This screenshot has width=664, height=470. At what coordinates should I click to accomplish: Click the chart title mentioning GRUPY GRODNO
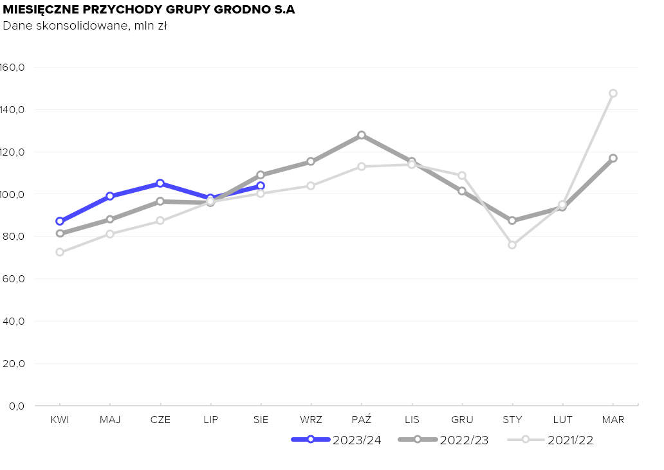149,10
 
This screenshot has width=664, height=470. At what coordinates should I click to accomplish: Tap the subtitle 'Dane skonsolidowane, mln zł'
85,26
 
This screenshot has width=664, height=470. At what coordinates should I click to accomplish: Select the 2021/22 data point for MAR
613,93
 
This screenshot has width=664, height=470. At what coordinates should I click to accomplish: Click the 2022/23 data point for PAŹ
362,135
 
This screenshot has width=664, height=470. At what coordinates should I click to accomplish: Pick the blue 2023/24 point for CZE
160,183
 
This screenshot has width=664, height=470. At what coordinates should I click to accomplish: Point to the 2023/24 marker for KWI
60,221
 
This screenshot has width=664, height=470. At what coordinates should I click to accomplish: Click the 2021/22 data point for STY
512,245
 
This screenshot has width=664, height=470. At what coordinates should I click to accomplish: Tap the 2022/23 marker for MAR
613,158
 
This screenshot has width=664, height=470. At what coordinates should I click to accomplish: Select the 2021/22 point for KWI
60,252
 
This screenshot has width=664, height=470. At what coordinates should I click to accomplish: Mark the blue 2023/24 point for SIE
261,186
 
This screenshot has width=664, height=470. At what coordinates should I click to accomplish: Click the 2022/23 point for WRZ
311,161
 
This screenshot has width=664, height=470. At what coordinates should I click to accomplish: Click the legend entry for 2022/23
443,440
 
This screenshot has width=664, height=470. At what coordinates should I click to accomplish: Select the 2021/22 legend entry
550,440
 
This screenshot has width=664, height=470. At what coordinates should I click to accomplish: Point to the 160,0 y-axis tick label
12,68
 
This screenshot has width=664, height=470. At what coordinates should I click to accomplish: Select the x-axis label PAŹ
362,420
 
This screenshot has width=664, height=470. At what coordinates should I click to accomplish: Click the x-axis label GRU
462,420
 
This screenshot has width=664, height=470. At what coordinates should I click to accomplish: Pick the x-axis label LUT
562,420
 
